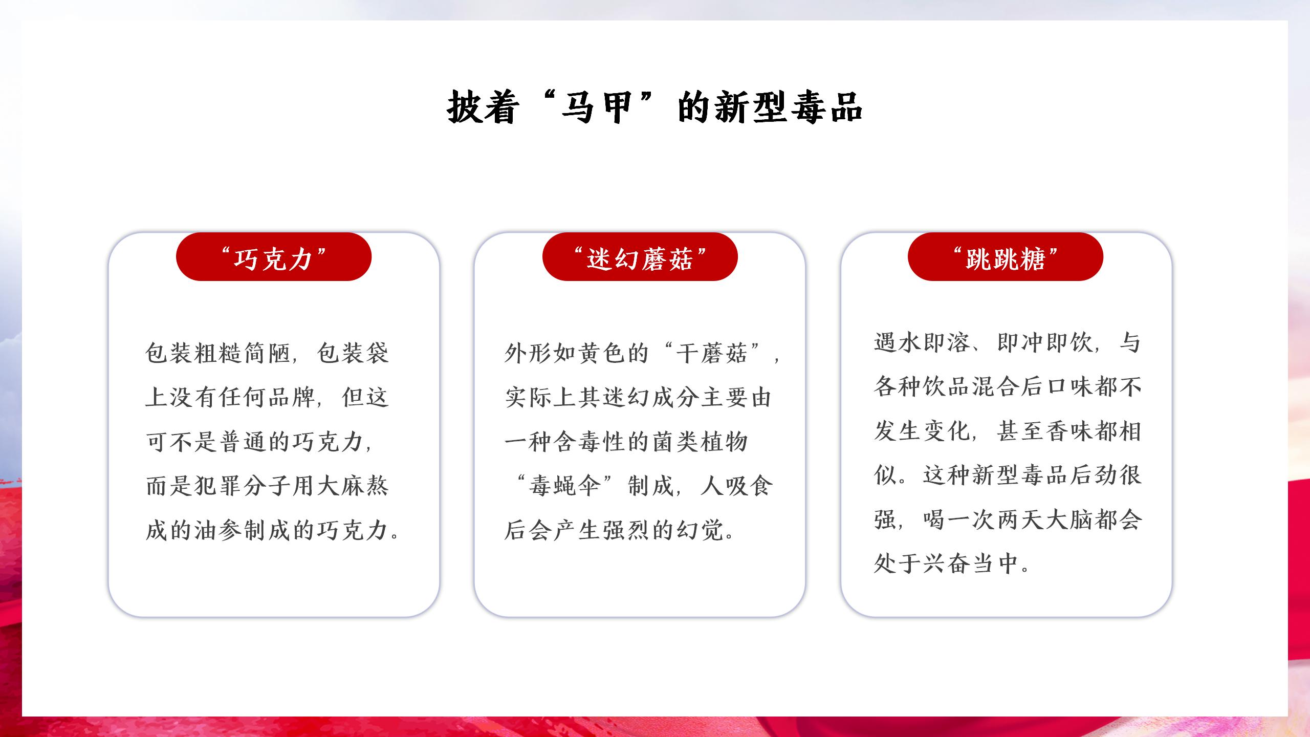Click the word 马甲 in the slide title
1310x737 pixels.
596,107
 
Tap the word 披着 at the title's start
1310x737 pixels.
481,107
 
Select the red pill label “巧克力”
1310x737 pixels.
274,256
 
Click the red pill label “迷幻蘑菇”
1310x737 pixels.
640,256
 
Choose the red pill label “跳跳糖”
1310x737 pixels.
1006,256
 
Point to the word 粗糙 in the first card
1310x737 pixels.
230,353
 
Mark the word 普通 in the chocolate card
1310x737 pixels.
243,442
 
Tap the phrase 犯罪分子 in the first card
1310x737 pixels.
243,486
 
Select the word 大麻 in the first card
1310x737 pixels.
340,486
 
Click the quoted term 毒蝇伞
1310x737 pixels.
565,486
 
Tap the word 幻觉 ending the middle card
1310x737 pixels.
701,530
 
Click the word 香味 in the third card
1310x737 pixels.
1069,431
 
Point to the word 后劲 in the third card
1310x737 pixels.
1094,475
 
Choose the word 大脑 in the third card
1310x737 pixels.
1069,519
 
